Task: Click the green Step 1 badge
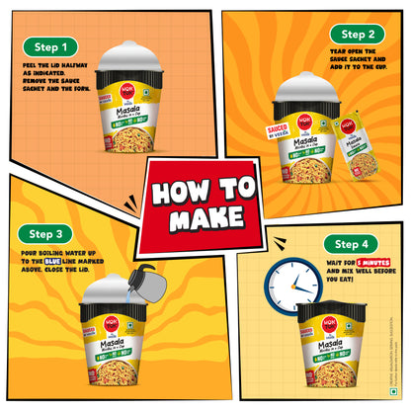tap(50, 46)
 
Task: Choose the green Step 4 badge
tap(354, 243)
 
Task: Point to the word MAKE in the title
tap(205, 218)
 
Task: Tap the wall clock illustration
tap(290, 287)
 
